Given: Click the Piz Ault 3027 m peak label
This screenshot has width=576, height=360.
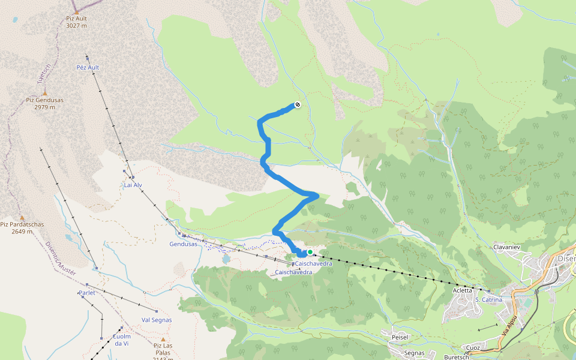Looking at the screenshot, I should coord(76,22).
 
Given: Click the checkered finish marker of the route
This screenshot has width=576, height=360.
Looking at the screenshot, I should coord(297,105).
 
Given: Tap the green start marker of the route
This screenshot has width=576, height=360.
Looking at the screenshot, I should coord(310,253).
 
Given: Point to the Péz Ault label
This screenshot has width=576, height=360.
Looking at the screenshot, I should coord(88,67).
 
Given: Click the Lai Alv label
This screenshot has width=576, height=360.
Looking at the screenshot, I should coord(133,185).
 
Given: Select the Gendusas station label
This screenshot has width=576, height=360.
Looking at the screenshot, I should coord(183,244).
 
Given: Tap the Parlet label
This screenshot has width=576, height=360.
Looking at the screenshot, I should coord(87,293).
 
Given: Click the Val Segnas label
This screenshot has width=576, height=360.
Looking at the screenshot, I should coord(157,320).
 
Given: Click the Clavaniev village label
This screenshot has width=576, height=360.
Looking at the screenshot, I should coord(505,247).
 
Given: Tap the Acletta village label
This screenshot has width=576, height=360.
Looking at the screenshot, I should coord(462,290).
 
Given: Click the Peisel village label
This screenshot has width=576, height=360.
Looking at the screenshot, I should coord(400,337).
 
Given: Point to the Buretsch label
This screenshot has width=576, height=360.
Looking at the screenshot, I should coord(457,356).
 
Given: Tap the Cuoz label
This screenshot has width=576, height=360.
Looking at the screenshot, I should coord(473,347).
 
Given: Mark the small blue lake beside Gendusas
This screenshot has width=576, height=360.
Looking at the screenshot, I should coord(226,260).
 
